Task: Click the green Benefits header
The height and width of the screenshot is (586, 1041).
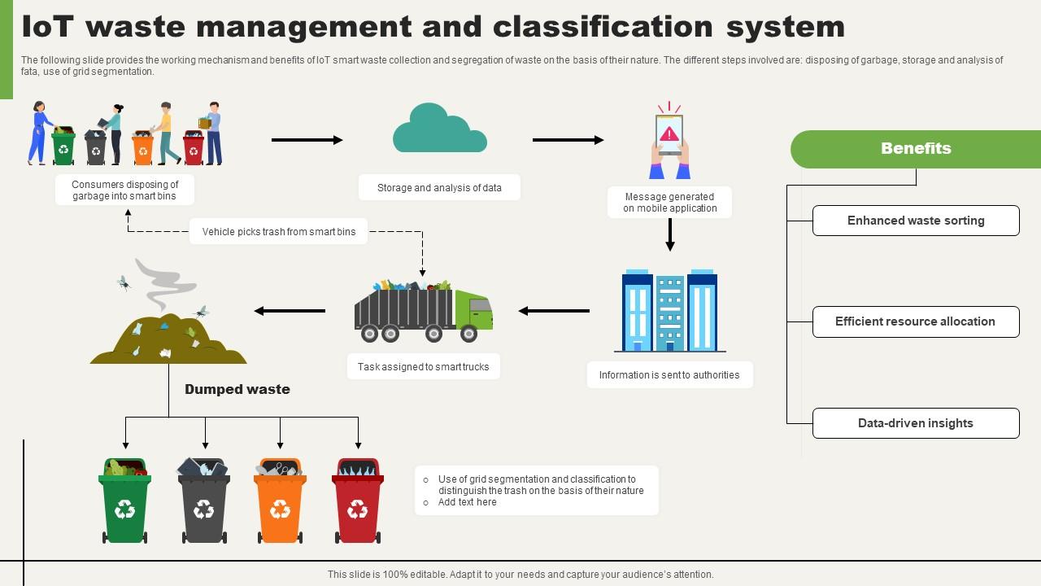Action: [x=916, y=149]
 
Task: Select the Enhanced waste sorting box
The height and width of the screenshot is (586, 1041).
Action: [x=916, y=221]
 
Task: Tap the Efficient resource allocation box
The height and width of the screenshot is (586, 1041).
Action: [x=916, y=321]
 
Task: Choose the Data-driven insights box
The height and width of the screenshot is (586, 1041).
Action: [x=916, y=423]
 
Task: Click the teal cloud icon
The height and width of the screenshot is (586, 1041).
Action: [x=439, y=132]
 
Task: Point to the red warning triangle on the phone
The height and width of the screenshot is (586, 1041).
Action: [x=669, y=133]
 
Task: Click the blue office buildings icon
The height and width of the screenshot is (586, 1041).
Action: [x=669, y=311]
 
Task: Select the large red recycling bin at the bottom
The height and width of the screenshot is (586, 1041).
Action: [x=358, y=502]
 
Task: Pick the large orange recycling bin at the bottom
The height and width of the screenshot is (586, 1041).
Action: [x=280, y=502]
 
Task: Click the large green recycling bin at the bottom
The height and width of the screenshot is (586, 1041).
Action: [x=125, y=502]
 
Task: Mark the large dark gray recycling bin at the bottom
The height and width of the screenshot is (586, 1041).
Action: [x=203, y=502]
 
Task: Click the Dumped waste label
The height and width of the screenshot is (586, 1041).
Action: [x=237, y=389]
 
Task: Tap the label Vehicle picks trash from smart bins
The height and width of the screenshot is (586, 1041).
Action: [x=279, y=232]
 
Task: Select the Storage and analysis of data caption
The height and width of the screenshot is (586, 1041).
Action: [x=439, y=188]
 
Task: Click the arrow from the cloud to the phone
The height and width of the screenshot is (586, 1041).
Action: [x=568, y=140]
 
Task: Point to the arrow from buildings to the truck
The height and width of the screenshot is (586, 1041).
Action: [x=554, y=311]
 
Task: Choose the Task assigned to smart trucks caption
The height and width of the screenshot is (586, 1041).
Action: [x=424, y=367]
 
